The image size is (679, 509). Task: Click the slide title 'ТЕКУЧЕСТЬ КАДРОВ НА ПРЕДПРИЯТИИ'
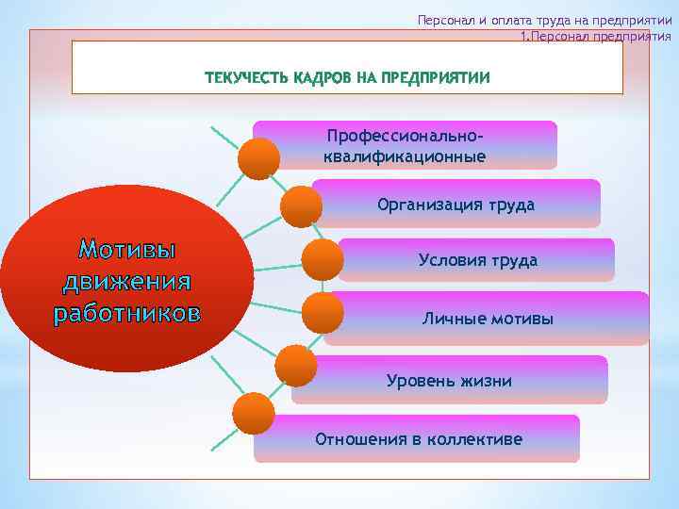click(x=348, y=78)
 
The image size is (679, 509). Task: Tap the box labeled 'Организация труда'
click(x=455, y=205)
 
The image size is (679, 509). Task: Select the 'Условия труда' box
click(x=477, y=260)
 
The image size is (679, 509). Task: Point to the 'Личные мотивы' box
click(x=488, y=319)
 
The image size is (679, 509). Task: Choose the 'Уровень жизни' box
click(x=449, y=381)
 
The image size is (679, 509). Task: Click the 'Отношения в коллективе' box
click(x=418, y=439)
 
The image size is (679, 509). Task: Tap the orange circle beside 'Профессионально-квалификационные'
click(x=258, y=158)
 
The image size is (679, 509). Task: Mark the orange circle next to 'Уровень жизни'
click(x=295, y=366)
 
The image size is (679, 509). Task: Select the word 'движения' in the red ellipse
click(x=127, y=281)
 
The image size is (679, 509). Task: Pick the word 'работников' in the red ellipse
click(x=127, y=312)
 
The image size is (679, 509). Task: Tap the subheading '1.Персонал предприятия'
click(x=596, y=38)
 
